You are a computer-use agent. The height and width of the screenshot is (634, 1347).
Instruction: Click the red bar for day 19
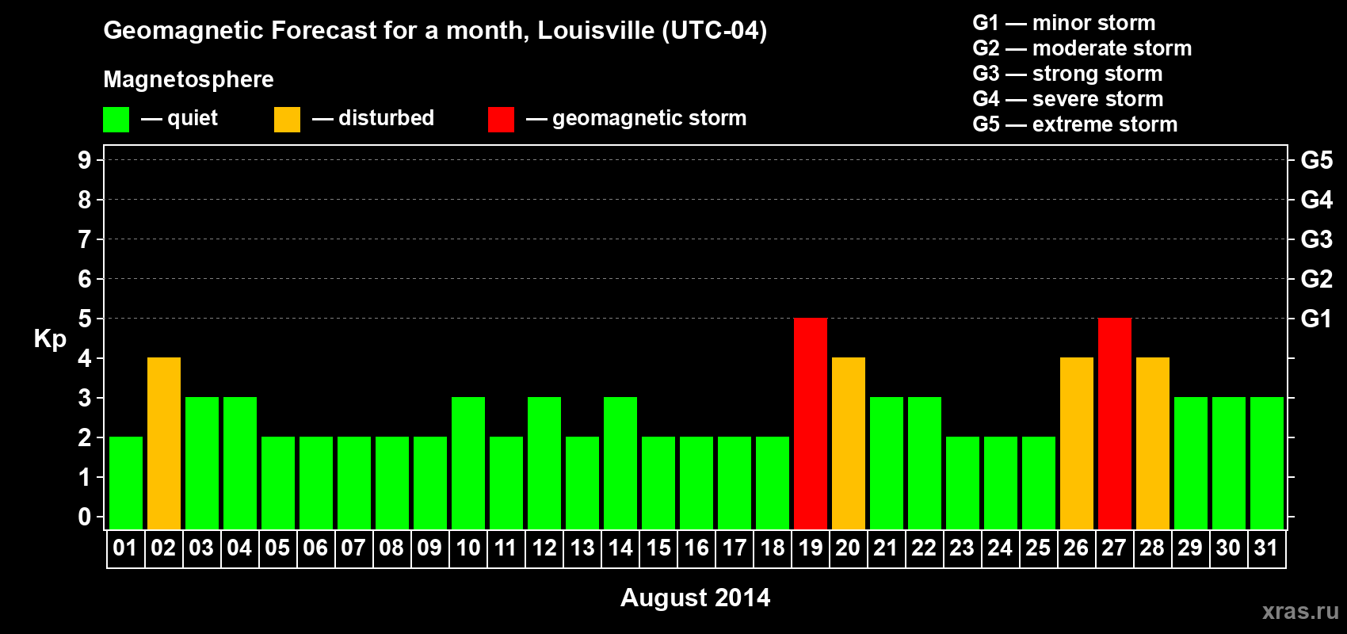[811, 423]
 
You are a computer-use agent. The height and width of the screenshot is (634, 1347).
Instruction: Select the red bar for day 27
[1115, 423]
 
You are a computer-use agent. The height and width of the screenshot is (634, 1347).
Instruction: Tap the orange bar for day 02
[164, 443]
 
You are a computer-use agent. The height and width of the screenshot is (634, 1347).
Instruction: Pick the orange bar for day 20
[849, 443]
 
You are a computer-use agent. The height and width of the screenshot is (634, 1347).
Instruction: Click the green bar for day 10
[468, 463]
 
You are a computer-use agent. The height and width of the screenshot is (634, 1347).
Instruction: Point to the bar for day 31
[1267, 463]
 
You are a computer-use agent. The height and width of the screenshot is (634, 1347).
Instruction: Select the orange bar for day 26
[1077, 443]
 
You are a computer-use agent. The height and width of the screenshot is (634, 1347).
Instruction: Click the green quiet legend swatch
[116, 120]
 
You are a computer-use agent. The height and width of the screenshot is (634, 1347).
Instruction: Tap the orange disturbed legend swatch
[287, 120]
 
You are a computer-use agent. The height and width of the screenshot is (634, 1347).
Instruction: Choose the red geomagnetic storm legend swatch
[501, 120]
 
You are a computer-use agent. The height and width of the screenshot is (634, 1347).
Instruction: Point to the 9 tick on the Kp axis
[85, 160]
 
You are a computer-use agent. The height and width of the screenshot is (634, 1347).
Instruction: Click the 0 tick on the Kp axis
[85, 517]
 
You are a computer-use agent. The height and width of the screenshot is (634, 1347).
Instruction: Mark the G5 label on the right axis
[1316, 160]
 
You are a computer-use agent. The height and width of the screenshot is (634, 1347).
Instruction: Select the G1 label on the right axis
[1316, 319]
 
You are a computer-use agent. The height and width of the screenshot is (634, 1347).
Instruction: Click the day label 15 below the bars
[658, 548]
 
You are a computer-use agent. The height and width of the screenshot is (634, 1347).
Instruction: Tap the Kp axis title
[50, 339]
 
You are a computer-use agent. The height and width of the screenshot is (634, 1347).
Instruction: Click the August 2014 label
[695, 598]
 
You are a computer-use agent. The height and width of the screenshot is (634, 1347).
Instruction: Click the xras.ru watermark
[1300, 611]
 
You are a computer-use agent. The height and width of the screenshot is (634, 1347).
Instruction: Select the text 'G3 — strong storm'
[1067, 74]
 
